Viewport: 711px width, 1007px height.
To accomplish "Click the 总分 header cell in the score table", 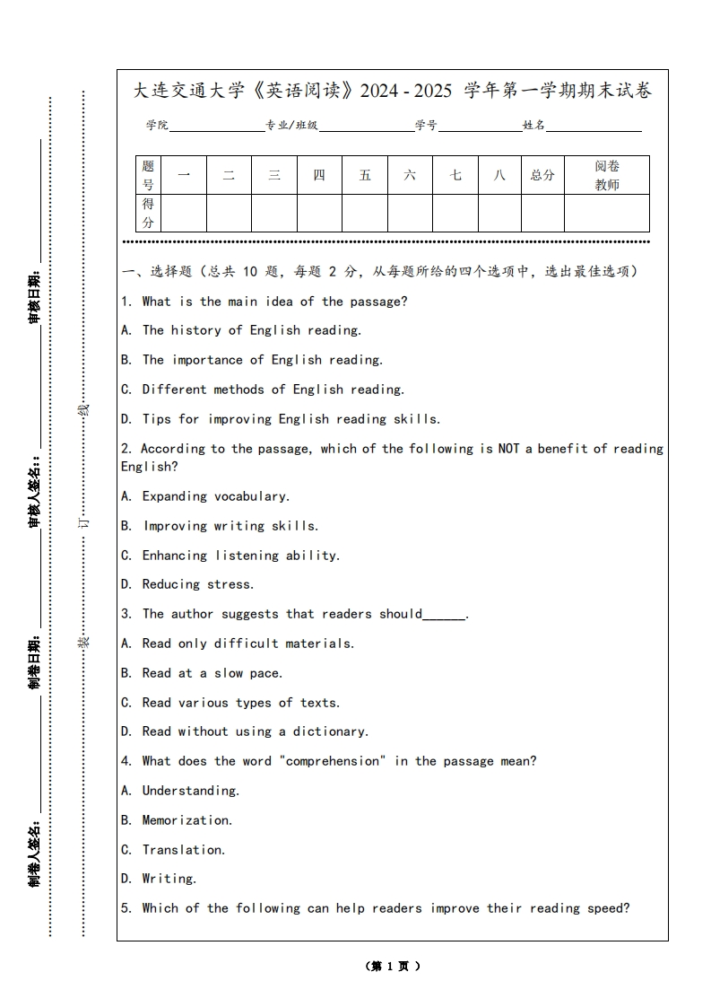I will click(542, 175).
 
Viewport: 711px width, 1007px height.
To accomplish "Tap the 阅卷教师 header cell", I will click(607, 175).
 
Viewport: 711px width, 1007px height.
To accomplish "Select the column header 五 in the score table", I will click(365, 175).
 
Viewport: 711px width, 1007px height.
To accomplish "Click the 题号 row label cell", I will click(148, 175).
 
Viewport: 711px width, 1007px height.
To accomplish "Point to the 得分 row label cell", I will click(148, 213).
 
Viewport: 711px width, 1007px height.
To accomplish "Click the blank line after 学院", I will click(216, 127).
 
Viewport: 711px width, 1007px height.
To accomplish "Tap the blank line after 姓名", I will click(594, 127).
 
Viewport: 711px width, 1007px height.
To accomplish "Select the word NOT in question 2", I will click(509, 449).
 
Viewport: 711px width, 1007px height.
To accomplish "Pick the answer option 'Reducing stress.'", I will click(197, 584).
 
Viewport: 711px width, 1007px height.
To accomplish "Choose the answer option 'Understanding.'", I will click(190, 791).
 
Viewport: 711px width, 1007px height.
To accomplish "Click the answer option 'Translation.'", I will click(183, 850).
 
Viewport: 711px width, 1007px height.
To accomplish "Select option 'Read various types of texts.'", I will click(240, 703).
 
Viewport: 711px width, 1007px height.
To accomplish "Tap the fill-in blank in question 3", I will click(444, 615).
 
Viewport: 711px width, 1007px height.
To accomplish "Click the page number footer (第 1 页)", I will click(393, 966).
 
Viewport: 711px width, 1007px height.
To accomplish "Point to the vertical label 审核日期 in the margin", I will click(34, 296).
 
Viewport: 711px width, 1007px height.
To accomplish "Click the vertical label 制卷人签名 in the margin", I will click(34, 853).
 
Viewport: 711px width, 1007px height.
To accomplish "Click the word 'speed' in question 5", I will click(607, 908).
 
